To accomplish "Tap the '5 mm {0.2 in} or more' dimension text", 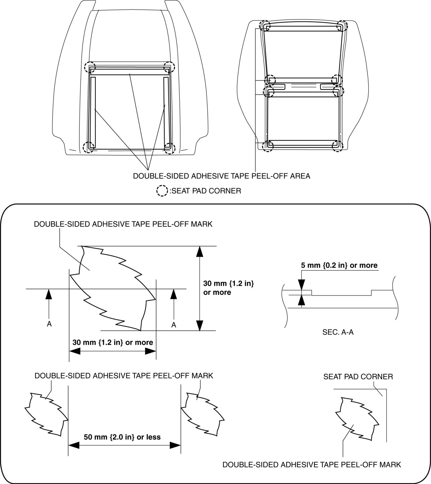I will (339, 265).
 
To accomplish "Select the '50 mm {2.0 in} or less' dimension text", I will (122, 437).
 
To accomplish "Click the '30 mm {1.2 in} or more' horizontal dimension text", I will (113, 342).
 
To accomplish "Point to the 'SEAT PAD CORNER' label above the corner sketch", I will (358, 377).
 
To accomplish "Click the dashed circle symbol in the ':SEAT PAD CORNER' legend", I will (162, 191).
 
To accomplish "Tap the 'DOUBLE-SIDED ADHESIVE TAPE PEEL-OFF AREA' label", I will (221, 176).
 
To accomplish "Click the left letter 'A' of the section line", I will (49, 324).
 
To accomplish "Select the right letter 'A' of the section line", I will (173, 324).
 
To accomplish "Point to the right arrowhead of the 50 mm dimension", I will (175, 445).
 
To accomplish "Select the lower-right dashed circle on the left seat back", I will (170, 148).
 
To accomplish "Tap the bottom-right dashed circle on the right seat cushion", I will (337, 146).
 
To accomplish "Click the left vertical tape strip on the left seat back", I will (93, 112).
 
